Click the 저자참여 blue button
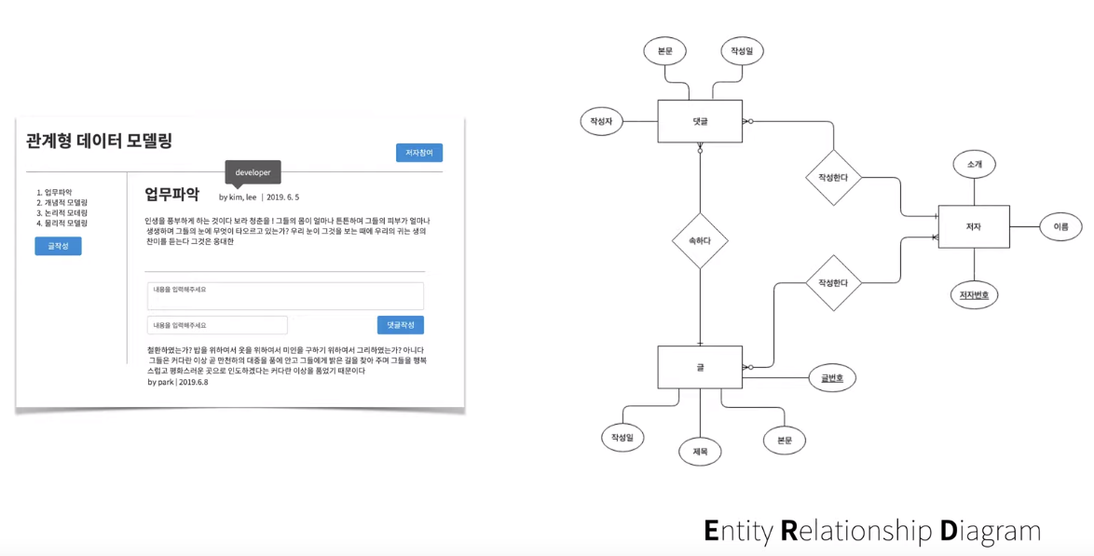(418, 153)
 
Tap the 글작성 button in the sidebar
(58, 246)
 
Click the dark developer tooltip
(253, 173)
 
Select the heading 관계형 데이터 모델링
(99, 141)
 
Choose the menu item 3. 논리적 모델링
(62, 212)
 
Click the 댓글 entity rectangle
(700, 121)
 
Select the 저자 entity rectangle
(973, 226)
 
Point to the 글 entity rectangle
(700, 367)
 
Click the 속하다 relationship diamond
(700, 240)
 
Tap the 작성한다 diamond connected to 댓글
(833, 177)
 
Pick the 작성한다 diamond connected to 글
(833, 283)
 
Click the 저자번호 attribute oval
(974, 295)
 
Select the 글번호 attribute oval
(832, 378)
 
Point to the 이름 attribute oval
(1060, 226)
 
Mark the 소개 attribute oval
(974, 165)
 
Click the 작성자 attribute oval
(601, 121)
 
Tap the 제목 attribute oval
(700, 452)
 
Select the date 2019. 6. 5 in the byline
(282, 197)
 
